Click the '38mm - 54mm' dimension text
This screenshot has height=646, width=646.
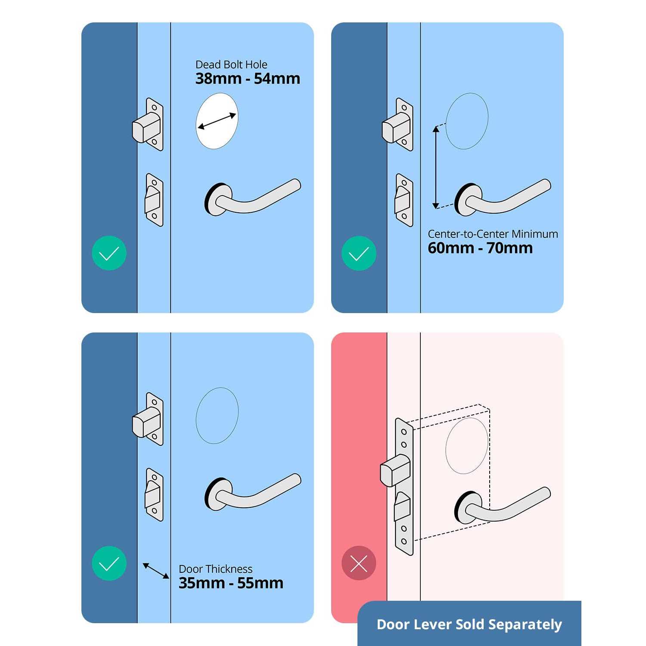(248, 79)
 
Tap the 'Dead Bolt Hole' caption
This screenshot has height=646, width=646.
(231, 65)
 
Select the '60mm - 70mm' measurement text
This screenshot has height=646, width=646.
(480, 248)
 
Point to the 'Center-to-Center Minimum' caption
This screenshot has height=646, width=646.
(493, 234)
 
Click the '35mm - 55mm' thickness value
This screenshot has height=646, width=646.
(231, 583)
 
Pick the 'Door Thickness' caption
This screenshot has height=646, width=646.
(215, 569)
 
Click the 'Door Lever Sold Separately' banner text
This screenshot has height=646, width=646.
(469, 624)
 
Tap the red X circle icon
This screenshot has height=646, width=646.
(359, 563)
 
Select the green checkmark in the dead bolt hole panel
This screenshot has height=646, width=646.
(109, 253)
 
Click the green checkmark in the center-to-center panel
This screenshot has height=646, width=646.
(359, 253)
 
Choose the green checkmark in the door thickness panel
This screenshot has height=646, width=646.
(109, 563)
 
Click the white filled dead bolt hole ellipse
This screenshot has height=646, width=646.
(217, 121)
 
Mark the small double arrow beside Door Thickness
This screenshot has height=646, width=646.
(156, 571)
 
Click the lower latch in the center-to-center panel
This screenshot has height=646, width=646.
(404, 200)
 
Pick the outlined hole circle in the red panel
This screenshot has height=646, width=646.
(467, 446)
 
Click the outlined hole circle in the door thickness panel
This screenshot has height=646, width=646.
(217, 416)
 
